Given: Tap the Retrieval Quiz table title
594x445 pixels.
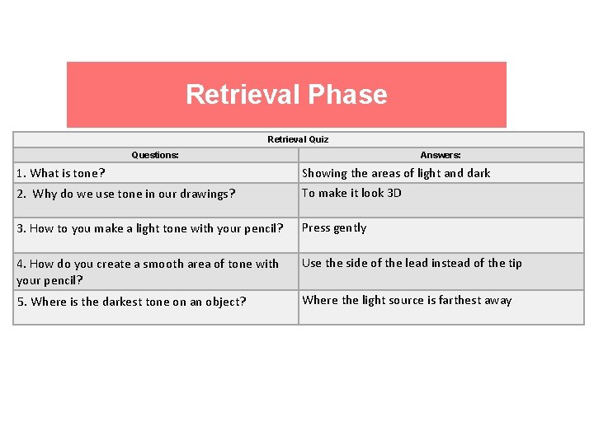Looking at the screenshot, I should pyautogui.click(x=298, y=139).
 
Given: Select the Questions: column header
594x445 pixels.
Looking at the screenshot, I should pyautogui.click(x=155, y=155).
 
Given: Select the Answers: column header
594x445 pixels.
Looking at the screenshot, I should pyautogui.click(x=441, y=155).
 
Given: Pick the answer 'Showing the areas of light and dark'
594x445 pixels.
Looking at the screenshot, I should pyautogui.click(x=396, y=173).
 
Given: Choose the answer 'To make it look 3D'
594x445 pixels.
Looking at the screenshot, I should pyautogui.click(x=351, y=193).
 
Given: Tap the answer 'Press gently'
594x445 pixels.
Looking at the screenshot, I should pyautogui.click(x=334, y=227).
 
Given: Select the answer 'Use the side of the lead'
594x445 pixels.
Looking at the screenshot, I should pyautogui.click(x=412, y=263).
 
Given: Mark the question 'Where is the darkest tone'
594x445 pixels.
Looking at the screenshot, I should pyautogui.click(x=131, y=302).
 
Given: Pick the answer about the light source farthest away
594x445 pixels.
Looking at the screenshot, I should pyautogui.click(x=407, y=300).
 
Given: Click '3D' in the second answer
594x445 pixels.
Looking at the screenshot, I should pyautogui.click(x=394, y=193).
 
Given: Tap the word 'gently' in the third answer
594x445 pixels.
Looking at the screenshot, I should pyautogui.click(x=350, y=227).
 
